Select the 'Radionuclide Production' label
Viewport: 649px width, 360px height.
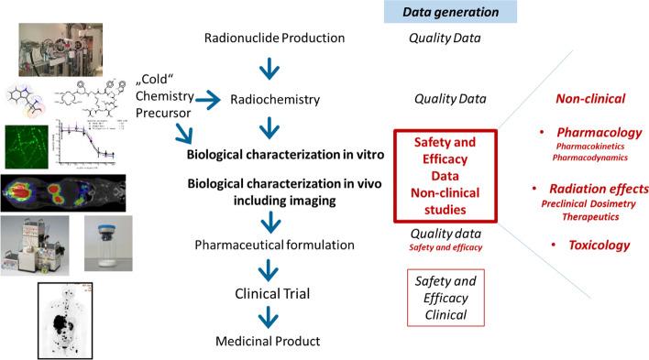274,38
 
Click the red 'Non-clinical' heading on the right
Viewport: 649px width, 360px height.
591,96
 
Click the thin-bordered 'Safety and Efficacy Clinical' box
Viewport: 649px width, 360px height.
445,296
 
